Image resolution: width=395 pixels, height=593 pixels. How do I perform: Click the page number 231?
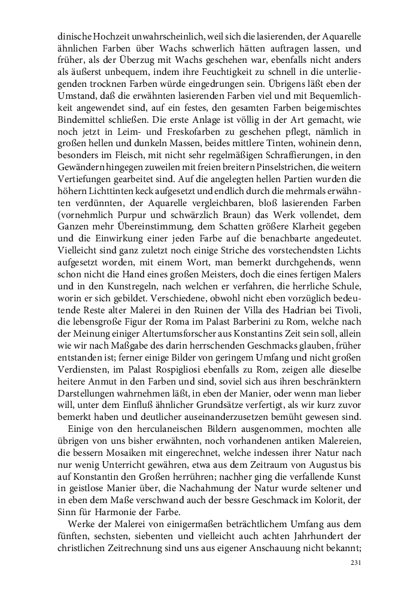click(x=355, y=563)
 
